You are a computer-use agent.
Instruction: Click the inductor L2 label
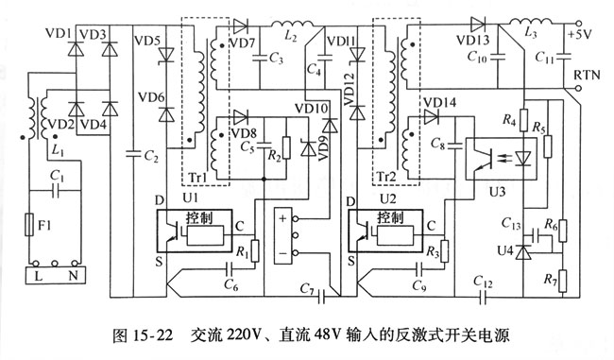pyautogui.click(x=291, y=37)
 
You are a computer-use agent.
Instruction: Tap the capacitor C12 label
pyautogui.click(x=485, y=282)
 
